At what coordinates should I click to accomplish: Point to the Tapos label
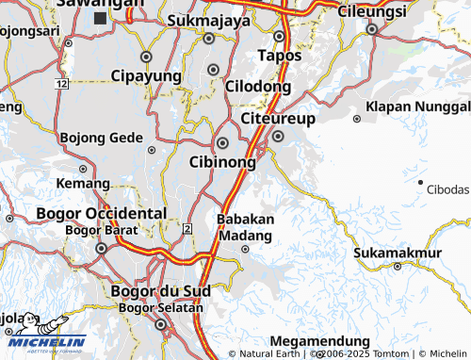tap(280, 56)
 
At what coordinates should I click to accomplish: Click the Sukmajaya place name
tap(208, 20)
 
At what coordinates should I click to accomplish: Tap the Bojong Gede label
tap(101, 138)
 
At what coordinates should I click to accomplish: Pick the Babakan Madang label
tap(245, 226)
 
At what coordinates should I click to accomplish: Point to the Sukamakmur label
tap(398, 253)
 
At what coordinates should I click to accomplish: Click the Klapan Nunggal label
tap(417, 106)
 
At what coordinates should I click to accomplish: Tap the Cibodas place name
tap(447, 189)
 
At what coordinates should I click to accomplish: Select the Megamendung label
tap(319, 340)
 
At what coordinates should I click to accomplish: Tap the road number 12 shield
tap(61, 84)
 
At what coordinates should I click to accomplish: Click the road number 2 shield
tap(188, 229)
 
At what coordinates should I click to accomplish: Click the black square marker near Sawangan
tap(100, 17)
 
